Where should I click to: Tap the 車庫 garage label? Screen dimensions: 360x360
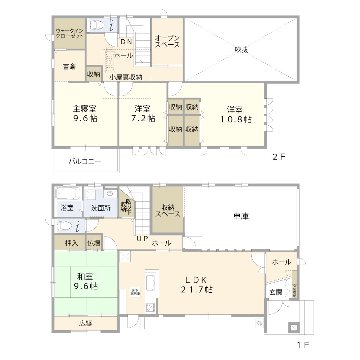(241, 216)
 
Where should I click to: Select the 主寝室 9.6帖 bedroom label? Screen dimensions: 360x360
(85, 113)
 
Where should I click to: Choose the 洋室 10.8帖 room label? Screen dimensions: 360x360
(236, 114)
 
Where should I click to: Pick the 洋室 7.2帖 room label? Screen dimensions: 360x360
(143, 113)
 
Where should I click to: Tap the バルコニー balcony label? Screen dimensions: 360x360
(85, 161)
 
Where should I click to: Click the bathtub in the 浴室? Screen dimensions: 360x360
(68, 195)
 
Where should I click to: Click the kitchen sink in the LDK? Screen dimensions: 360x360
(150, 280)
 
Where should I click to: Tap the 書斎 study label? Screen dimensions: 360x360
(69, 67)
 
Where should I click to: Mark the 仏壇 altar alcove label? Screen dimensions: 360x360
(94, 243)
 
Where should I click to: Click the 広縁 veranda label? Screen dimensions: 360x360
(86, 323)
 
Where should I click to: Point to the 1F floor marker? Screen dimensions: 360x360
(303, 345)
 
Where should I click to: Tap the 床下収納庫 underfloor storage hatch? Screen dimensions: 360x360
(135, 292)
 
